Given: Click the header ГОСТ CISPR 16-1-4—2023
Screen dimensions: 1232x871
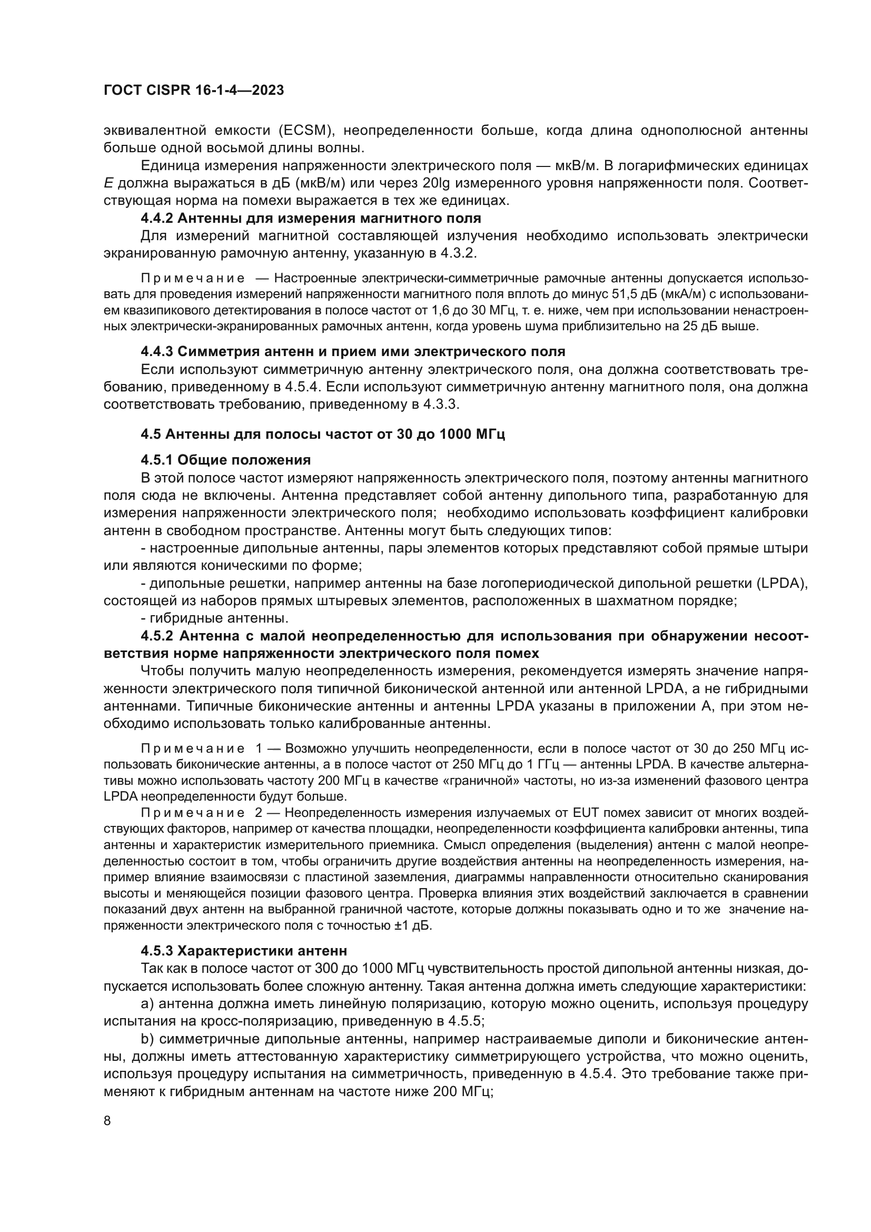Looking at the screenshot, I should [194, 91].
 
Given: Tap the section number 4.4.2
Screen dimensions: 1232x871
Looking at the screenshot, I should [156, 219].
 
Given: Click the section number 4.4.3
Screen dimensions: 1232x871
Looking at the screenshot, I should [156, 351].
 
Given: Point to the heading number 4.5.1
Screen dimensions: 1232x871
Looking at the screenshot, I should [156, 460].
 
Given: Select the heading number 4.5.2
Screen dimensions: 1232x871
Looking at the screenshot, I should [156, 636].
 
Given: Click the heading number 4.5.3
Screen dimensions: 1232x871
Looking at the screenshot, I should [156, 951].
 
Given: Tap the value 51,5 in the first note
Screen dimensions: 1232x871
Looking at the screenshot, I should [623, 294].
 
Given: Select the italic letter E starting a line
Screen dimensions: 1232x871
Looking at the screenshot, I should [108, 183].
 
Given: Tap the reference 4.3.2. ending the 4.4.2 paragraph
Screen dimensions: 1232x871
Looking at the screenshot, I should [457, 253].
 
